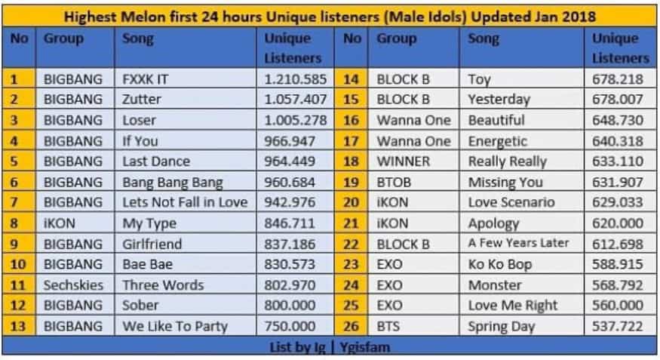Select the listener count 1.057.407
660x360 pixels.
click(296, 100)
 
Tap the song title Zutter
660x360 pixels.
click(142, 100)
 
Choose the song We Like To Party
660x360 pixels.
click(175, 326)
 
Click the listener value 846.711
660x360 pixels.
click(290, 223)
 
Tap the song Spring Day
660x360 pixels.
click(502, 327)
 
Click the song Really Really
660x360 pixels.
click(507, 162)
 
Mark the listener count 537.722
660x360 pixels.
click(618, 326)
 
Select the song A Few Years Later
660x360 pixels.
click(519, 243)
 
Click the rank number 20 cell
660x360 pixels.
click(351, 202)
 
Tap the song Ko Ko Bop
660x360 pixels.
click(500, 264)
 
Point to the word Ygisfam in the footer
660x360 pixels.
click(365, 347)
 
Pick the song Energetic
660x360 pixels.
click(498, 141)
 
